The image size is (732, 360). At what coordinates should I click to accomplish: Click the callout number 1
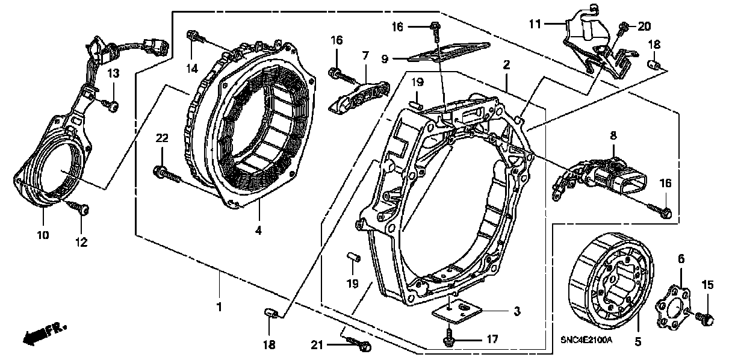click(x=219, y=307)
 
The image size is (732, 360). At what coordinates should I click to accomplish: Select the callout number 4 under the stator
click(x=259, y=229)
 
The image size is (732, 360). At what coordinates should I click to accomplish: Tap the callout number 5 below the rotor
click(x=637, y=342)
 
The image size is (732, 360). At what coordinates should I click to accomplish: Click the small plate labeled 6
click(x=672, y=309)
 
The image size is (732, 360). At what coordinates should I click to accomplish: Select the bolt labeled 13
click(x=111, y=106)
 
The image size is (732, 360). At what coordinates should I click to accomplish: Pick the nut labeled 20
click(x=624, y=28)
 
